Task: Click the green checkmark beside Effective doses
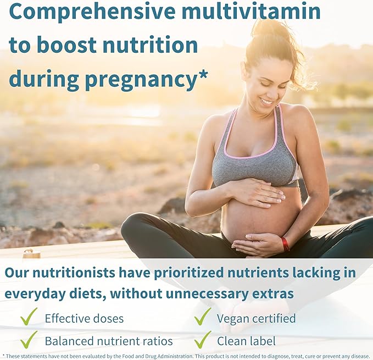pyautogui.click(x=29, y=317)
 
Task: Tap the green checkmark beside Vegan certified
pyautogui.click(x=202, y=317)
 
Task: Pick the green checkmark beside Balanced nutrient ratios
pyautogui.click(x=29, y=340)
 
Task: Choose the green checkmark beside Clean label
pyautogui.click(x=202, y=340)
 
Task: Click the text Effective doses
pyautogui.click(x=84, y=318)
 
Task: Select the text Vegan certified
pyautogui.click(x=256, y=318)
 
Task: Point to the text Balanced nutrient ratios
pyautogui.click(x=109, y=341)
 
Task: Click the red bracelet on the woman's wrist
pyautogui.click(x=285, y=243)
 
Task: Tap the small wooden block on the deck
pyautogui.click(x=31, y=253)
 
